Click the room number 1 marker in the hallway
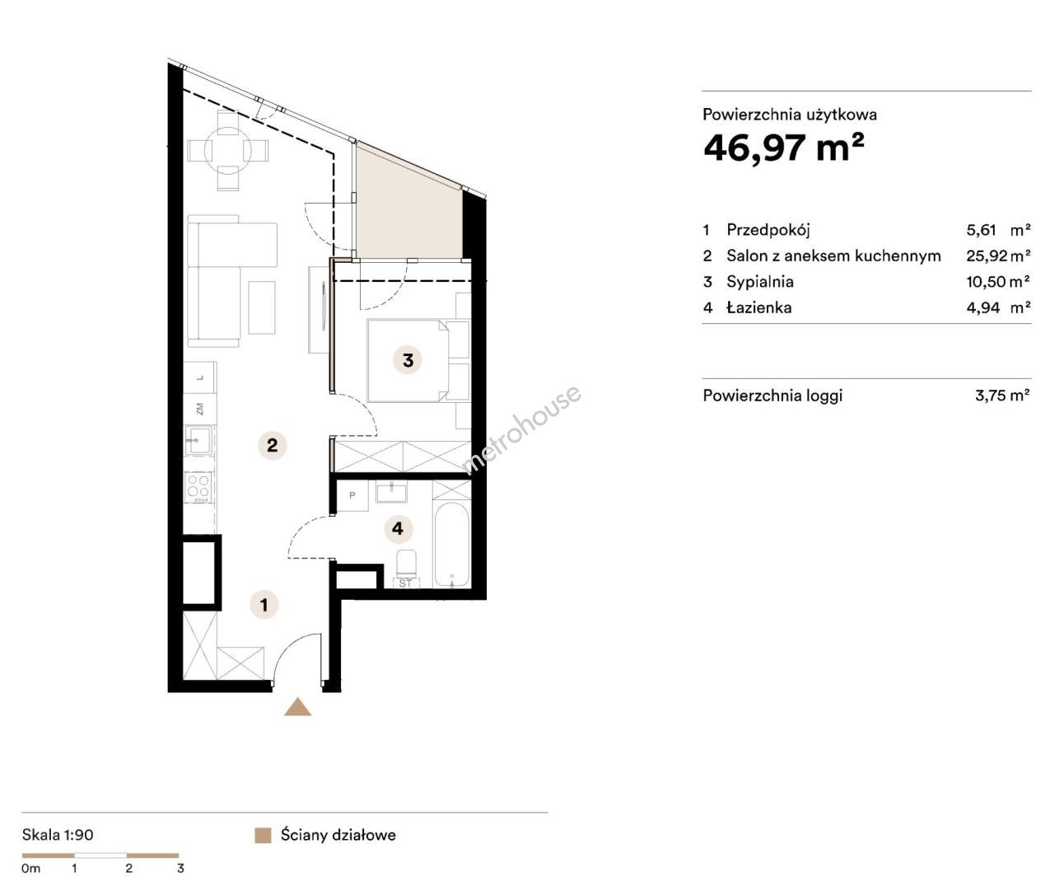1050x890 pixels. point(264,604)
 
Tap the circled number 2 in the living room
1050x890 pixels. point(273,445)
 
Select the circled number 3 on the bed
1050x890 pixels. point(408,360)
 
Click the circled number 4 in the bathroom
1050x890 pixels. point(398,528)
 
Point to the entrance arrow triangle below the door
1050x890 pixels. point(297,707)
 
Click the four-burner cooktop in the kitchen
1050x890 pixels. point(198,487)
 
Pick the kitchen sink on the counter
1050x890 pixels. point(198,440)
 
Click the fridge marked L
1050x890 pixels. point(199,377)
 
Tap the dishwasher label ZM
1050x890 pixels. point(199,409)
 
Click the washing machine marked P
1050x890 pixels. point(352,495)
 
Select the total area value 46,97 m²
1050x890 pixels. point(784,148)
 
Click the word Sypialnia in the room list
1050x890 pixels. point(760,282)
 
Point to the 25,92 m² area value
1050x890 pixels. point(998,255)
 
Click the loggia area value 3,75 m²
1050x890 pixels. point(1002,395)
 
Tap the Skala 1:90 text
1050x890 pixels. point(58,835)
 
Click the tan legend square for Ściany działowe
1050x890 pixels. point(263,836)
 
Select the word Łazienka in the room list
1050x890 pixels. point(759,307)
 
